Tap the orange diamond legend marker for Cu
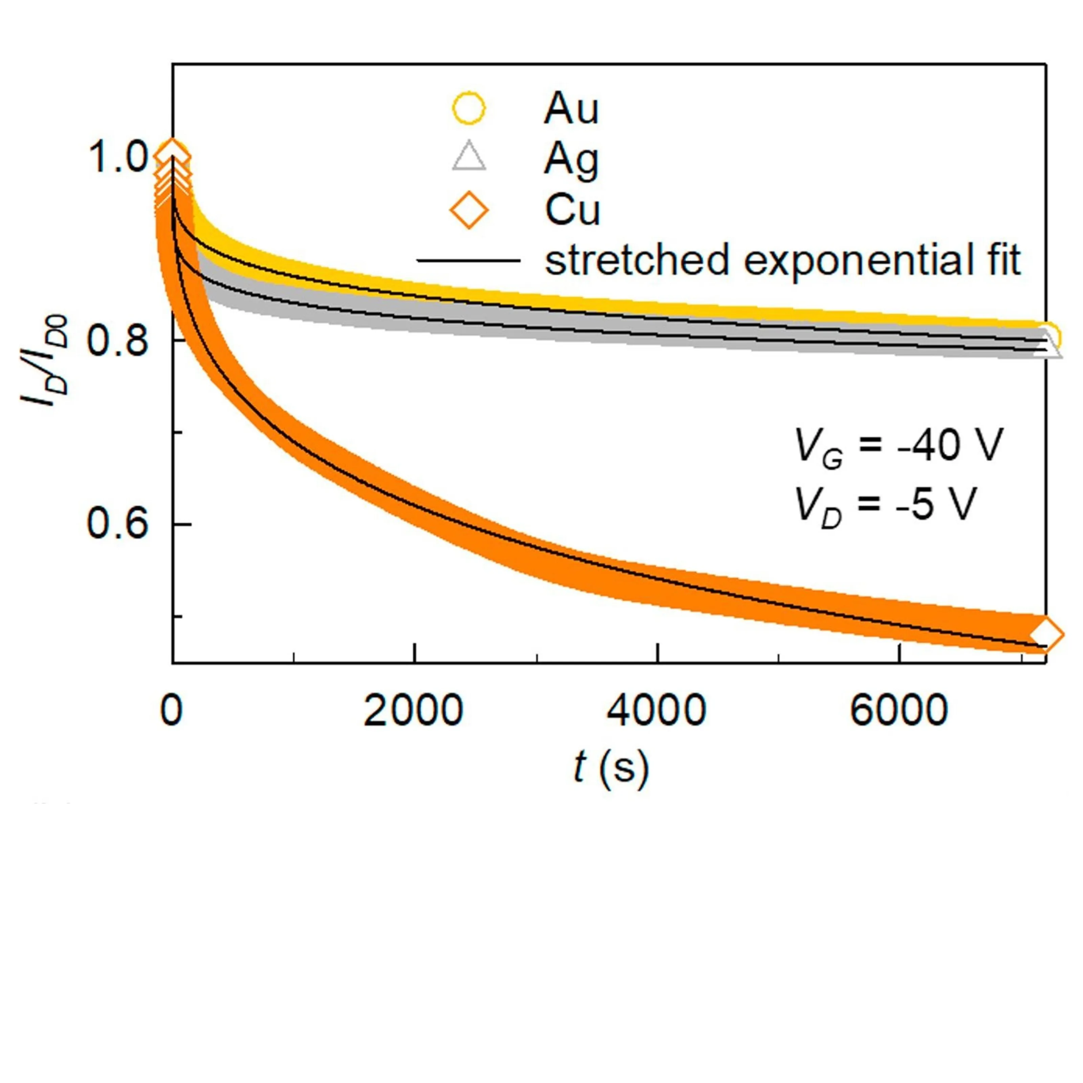[x=469, y=209]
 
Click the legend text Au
[x=571, y=108]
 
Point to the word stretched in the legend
[x=637, y=260]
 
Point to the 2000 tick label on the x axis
[x=413, y=711]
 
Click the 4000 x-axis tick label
[x=657, y=711]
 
